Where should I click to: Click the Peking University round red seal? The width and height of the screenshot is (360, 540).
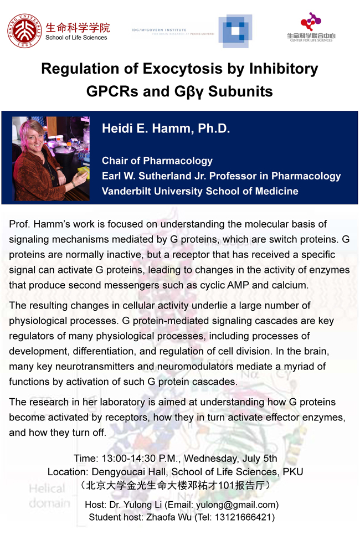pos(25,31)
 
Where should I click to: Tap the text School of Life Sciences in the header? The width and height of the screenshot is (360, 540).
pos(76,38)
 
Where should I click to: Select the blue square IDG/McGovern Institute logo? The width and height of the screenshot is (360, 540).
pos(234,31)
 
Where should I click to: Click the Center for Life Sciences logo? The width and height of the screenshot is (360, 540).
pos(311,28)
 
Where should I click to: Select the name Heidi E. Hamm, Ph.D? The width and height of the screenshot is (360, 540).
pos(166,129)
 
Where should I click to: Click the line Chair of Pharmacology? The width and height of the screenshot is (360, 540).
pos(157,161)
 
